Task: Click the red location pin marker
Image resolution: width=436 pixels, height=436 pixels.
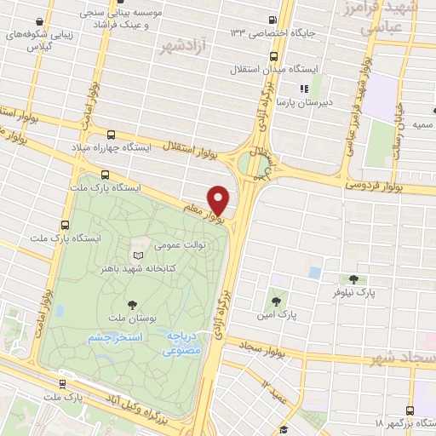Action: (219, 200)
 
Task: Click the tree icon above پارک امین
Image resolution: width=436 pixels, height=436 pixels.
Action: (275, 300)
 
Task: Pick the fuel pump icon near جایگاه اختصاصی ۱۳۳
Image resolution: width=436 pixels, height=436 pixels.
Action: (271, 20)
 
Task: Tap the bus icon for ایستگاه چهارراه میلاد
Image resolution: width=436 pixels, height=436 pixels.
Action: (111, 134)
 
